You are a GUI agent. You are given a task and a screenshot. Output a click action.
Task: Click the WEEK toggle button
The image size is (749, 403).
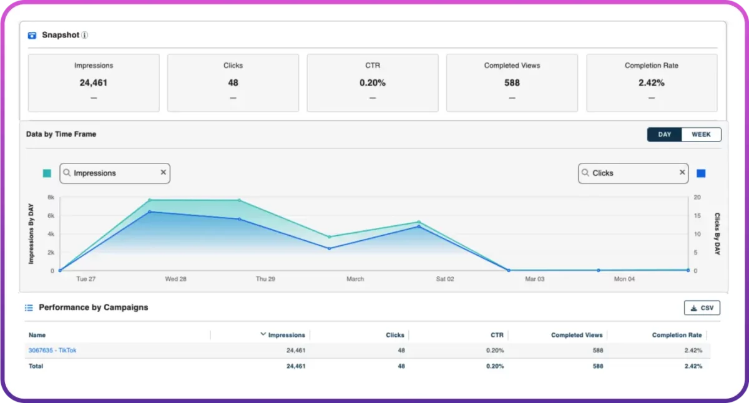pos(701,135)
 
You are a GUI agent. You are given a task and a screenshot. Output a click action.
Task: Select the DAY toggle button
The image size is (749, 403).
pos(664,135)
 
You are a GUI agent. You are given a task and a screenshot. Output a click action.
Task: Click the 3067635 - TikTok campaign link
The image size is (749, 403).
pos(52,351)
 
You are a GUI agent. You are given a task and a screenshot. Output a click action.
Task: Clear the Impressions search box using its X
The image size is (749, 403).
pos(164,173)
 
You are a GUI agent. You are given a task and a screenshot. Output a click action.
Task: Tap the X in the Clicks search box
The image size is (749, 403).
pos(682,173)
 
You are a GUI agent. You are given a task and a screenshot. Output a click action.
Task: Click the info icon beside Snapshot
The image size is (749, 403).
pos(85,36)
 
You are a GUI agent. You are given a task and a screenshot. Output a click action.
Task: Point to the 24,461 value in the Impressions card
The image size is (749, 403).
pos(94,82)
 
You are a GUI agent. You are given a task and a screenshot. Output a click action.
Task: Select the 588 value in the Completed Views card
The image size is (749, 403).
pos(512,82)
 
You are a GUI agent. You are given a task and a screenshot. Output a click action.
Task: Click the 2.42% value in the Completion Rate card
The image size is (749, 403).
pos(651,82)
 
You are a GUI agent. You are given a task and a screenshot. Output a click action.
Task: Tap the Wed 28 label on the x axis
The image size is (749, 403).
pos(175,279)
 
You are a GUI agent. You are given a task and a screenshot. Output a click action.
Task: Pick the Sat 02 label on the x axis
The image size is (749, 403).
pos(445,279)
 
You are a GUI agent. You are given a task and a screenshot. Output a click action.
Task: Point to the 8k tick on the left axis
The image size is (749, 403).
pos(51,197)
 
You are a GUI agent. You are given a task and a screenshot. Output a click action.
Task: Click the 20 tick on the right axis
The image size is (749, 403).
pos(697,197)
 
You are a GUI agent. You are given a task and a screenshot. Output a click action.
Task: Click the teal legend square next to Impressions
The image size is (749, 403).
pos(47,173)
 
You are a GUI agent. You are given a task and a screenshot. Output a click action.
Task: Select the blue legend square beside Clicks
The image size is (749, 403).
pos(701,173)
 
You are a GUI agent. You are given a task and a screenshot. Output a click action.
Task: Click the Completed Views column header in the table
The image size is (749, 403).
pos(576,335)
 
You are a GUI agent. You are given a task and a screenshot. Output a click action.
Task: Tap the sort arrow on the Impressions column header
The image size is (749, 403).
pos(263,334)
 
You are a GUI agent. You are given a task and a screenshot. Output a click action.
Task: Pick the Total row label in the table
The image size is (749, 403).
pos(36,366)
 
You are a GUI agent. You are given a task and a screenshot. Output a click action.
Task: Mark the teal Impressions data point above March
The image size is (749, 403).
pos(330,237)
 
